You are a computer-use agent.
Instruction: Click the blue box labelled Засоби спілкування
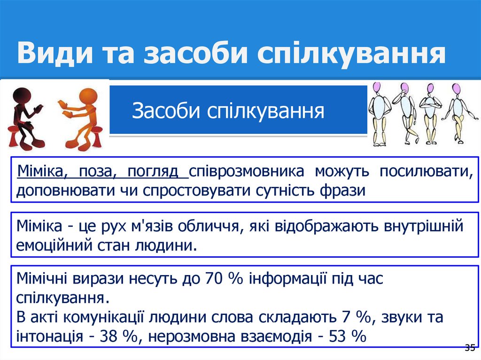[238, 111]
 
